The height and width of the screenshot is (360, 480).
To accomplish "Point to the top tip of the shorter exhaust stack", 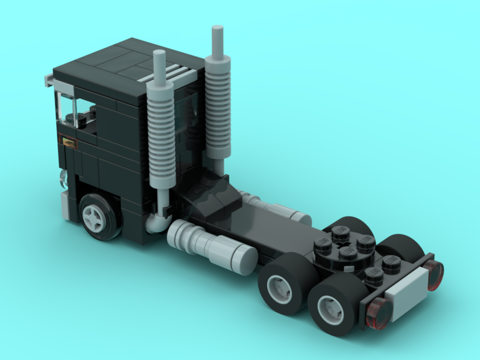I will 158,53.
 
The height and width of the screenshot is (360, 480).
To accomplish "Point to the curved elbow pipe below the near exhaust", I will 156,222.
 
